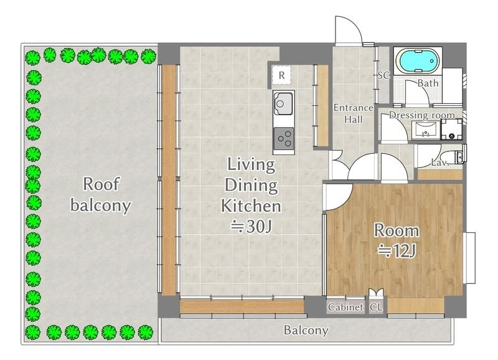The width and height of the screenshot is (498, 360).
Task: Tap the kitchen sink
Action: point(283,103)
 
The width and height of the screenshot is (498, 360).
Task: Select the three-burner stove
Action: point(284,138)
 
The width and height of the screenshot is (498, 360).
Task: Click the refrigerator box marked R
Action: point(281,75)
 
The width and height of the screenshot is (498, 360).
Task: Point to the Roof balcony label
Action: point(101,194)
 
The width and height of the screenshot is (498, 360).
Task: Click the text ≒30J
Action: point(251,227)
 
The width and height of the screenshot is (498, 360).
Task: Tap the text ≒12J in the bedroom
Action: point(397,251)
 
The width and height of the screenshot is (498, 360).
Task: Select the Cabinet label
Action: point(345,307)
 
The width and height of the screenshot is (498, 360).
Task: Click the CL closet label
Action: point(377,307)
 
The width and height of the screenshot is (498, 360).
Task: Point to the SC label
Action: point(383,75)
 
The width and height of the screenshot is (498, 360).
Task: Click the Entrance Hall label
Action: point(353,113)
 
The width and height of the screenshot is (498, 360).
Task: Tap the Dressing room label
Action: point(422,115)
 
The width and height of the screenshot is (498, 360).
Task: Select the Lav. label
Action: point(440,163)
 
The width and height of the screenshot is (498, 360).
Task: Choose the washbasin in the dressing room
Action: point(426,130)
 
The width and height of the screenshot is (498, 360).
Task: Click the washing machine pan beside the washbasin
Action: point(452,130)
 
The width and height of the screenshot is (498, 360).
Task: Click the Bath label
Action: point(428,83)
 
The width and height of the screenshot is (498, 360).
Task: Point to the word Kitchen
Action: point(251,206)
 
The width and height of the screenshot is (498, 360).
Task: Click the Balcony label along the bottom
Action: point(306,331)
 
